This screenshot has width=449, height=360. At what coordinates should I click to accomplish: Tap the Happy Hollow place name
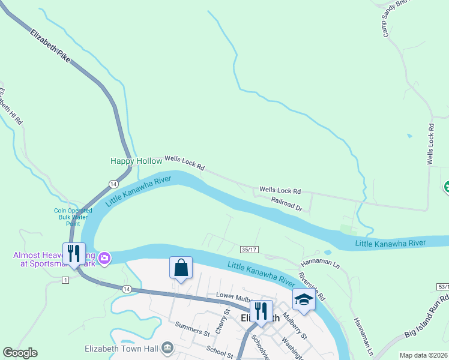tap(136, 161)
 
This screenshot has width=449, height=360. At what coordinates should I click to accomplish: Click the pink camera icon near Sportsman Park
tap(104, 258)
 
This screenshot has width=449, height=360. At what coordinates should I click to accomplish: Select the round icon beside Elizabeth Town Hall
tap(168, 348)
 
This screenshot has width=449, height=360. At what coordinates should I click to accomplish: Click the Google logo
tap(20, 353)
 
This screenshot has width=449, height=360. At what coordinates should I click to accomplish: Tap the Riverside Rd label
tap(312, 287)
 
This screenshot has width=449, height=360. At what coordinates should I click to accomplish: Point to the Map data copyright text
tap(423, 355)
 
